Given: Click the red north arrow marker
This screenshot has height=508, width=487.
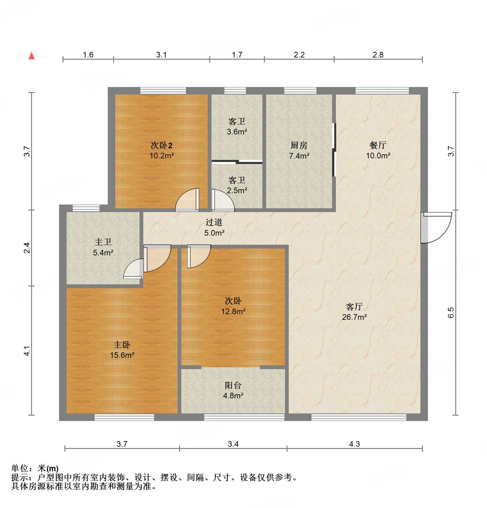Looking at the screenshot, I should pos(31,56).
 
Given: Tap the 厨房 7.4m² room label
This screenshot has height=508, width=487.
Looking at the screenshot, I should pos(299,150).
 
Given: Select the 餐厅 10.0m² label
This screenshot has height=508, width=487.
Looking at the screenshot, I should pos(378,150).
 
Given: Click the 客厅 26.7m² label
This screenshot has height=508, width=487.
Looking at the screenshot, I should pos(354,312).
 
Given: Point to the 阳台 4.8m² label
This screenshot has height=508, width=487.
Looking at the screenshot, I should pos(233,390).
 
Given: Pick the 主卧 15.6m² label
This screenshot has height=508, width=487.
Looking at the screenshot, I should pos(122,350).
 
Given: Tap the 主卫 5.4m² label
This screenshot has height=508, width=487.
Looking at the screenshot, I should pos(103,247).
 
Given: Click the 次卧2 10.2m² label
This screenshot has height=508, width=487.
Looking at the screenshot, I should pos(161,150).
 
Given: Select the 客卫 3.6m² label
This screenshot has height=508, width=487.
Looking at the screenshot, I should pos(237,126).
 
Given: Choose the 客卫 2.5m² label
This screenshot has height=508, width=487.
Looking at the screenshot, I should pos(237,185).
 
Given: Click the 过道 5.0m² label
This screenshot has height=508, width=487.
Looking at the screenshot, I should pos(214,227).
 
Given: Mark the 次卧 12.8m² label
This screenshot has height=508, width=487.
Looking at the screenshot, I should pos(233,306).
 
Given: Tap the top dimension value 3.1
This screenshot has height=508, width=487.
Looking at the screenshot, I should pos(161,55).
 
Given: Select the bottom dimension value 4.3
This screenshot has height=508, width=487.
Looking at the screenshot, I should pos(354,444).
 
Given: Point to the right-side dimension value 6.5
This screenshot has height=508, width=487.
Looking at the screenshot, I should pos(451,313).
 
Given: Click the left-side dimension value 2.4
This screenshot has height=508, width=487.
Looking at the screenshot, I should pos(27,248).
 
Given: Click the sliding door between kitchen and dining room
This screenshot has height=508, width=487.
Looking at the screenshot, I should pos(334,150).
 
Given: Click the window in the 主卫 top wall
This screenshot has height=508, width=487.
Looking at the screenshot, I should pos(86,208).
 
